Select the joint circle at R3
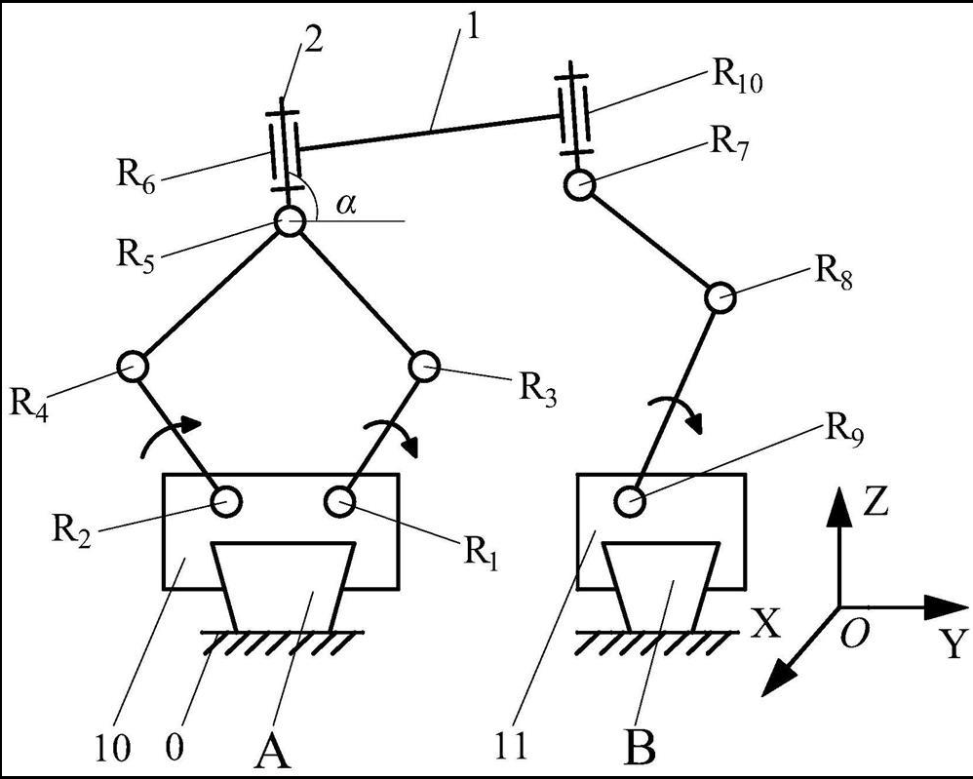(x=424, y=367)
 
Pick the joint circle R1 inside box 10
(x=340, y=501)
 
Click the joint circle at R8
(x=720, y=296)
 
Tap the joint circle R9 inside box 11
(x=631, y=501)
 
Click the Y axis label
(x=955, y=644)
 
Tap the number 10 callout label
(x=114, y=748)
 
